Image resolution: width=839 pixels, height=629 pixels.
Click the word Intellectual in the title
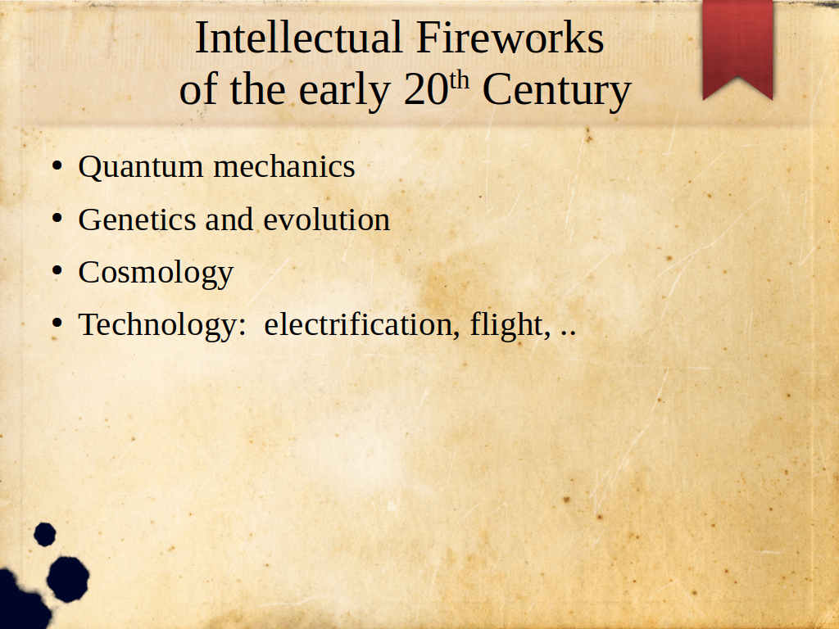click(299, 38)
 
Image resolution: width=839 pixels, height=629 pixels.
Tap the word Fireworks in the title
click(510, 38)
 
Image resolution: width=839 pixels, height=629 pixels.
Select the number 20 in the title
click(426, 89)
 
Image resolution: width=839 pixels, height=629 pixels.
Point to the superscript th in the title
click(459, 80)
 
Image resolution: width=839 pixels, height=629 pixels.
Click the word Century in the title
click(557, 92)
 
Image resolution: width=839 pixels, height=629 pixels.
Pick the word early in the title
click(344, 92)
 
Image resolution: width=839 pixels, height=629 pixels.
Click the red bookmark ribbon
click(738, 49)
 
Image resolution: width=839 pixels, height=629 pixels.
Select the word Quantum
click(141, 167)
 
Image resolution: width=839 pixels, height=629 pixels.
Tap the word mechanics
click(284, 166)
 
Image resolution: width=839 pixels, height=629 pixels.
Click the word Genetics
click(138, 219)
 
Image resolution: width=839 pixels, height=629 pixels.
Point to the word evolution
click(326, 219)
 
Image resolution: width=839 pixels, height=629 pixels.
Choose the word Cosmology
click(156, 274)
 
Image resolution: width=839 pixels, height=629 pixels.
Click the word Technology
click(162, 326)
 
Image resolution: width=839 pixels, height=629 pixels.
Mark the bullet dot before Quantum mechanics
click(57, 166)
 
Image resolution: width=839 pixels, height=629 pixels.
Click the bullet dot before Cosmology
click(57, 271)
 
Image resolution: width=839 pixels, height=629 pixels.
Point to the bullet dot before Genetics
click(57, 218)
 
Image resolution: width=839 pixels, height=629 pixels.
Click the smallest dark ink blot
click(45, 534)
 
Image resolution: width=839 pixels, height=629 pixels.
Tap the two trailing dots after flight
click(569, 334)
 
